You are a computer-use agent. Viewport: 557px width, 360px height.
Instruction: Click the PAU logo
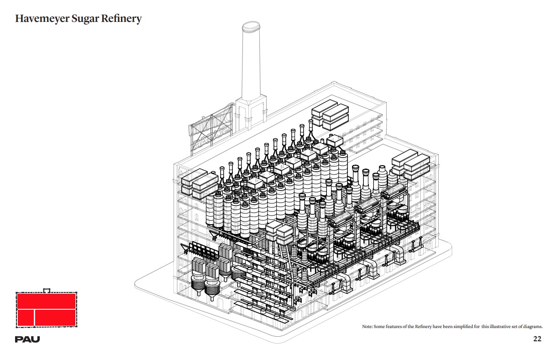pyautogui.click(x=27, y=339)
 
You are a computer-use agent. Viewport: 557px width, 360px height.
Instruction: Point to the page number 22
pyautogui.click(x=537, y=339)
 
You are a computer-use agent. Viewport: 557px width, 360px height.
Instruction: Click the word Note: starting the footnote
pyautogui.click(x=368, y=327)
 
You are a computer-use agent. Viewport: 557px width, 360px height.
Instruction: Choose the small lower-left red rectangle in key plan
pyautogui.click(x=26, y=318)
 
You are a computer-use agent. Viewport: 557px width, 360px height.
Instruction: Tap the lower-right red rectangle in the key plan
pyautogui.click(x=55, y=318)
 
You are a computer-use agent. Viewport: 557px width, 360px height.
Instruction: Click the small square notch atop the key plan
pyautogui.click(x=46, y=290)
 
